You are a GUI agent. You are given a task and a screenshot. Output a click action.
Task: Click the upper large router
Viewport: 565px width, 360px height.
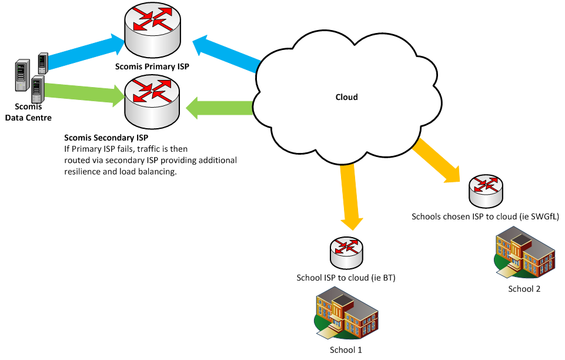(x=152, y=31)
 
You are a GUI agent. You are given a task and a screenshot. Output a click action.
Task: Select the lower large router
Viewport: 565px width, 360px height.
(x=152, y=102)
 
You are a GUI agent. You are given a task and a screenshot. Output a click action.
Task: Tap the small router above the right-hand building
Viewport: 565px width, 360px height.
(x=486, y=191)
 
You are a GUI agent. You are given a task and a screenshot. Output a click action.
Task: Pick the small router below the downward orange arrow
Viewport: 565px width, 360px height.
(x=346, y=253)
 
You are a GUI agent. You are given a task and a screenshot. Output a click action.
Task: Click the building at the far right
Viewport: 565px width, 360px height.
(x=525, y=252)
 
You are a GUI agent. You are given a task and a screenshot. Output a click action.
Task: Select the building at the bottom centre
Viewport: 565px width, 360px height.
(x=346, y=313)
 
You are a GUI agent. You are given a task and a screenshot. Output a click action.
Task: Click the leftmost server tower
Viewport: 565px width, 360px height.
(x=22, y=75)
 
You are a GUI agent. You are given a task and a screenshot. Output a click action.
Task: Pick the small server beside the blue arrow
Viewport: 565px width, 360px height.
(x=43, y=63)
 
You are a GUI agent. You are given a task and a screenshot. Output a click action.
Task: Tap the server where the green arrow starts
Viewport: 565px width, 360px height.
(x=38, y=89)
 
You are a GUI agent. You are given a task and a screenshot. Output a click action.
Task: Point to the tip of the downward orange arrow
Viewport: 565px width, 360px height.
(x=352, y=228)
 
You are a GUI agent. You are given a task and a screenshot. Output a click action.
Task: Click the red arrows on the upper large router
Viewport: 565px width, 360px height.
(x=152, y=19)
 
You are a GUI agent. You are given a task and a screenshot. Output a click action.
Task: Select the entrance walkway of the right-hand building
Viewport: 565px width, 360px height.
(x=507, y=271)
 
